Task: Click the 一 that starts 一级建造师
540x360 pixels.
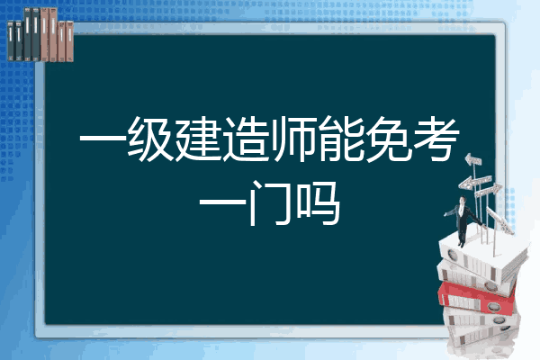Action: click(103, 139)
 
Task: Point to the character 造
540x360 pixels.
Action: click(246, 139)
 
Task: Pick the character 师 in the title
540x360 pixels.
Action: click(293, 139)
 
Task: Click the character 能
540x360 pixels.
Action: click(341, 139)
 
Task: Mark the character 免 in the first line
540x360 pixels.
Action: click(389, 139)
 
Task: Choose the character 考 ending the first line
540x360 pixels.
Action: click(436, 139)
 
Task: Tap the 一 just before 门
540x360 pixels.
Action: click(222, 202)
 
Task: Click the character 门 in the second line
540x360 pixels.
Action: click(270, 202)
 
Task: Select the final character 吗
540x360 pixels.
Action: click(318, 202)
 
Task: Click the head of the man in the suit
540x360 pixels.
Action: click(463, 201)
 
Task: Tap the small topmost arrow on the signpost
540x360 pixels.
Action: click(473, 159)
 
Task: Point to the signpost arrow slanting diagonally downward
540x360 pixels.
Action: click(499, 220)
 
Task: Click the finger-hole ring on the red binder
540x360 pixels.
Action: click(493, 307)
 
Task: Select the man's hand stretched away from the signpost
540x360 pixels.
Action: click(445, 214)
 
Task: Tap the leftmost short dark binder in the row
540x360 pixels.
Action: click(11, 40)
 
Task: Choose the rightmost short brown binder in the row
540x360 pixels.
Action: click(69, 41)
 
